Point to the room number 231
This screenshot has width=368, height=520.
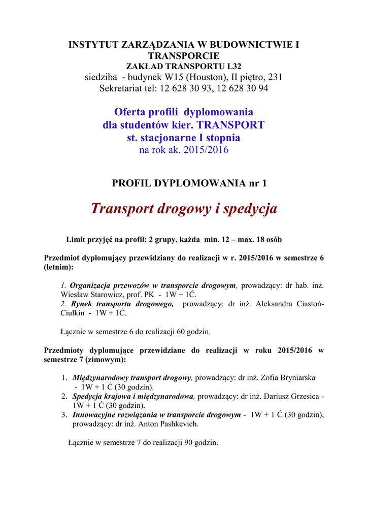tap(275, 77)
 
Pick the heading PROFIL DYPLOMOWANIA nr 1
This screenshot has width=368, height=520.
tap(188, 183)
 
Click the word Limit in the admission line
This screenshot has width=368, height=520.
tap(76, 239)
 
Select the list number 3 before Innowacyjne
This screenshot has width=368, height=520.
tap(64, 414)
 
